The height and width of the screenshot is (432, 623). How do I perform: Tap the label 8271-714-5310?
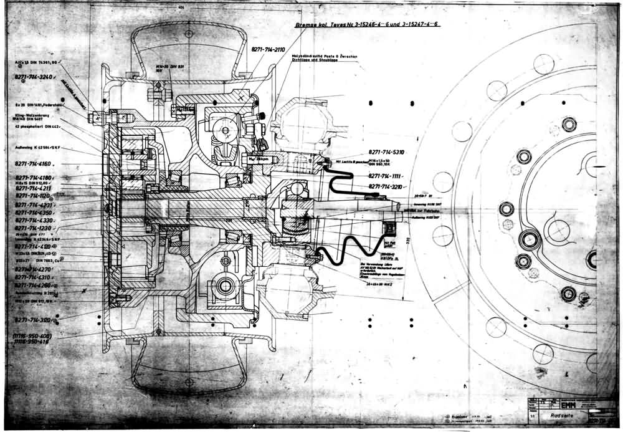point(386,152)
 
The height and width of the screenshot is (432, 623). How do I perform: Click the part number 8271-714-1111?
point(386,176)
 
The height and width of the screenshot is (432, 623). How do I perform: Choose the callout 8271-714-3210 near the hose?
point(387,186)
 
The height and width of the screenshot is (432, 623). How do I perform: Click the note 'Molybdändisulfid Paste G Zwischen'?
point(324,57)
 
